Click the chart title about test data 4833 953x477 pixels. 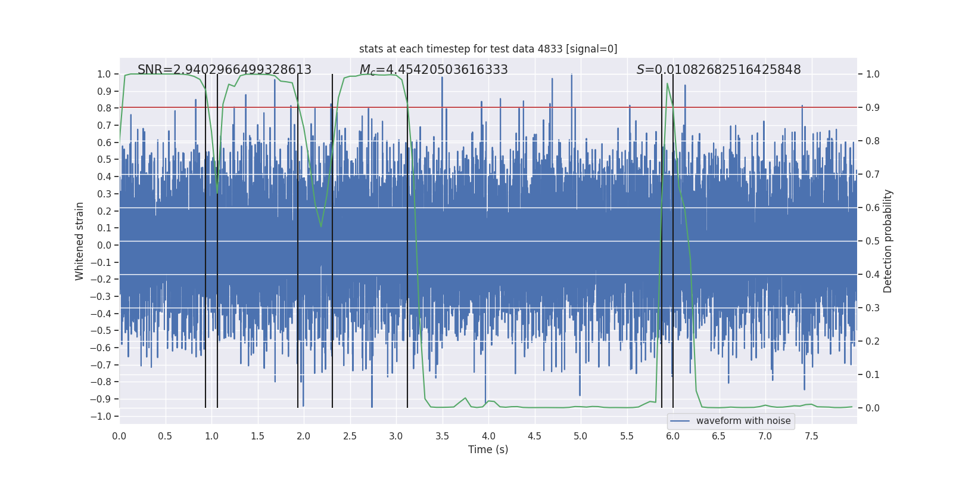coord(488,49)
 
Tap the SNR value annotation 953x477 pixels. coord(225,70)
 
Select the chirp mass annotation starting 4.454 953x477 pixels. coord(434,70)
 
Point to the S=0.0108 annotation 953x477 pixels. coord(718,70)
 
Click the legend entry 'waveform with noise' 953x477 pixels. coord(743,421)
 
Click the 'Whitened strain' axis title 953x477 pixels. coord(79,241)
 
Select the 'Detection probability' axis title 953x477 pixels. coord(888,241)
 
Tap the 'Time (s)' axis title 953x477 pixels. coord(488,450)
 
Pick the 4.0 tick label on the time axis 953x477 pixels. coord(488,436)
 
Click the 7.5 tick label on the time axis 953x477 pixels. coord(811,436)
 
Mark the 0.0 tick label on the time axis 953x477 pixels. coord(119,436)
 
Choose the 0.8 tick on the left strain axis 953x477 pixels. coord(104,108)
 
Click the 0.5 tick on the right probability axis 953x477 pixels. coord(873,241)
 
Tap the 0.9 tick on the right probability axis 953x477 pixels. coord(873,107)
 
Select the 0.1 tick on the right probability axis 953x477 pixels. coord(873,374)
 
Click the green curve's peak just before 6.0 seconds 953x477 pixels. coord(667,83)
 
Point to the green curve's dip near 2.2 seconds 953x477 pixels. coord(321,227)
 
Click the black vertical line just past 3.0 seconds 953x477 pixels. coord(407,238)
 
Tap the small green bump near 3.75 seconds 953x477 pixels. coord(465,398)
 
